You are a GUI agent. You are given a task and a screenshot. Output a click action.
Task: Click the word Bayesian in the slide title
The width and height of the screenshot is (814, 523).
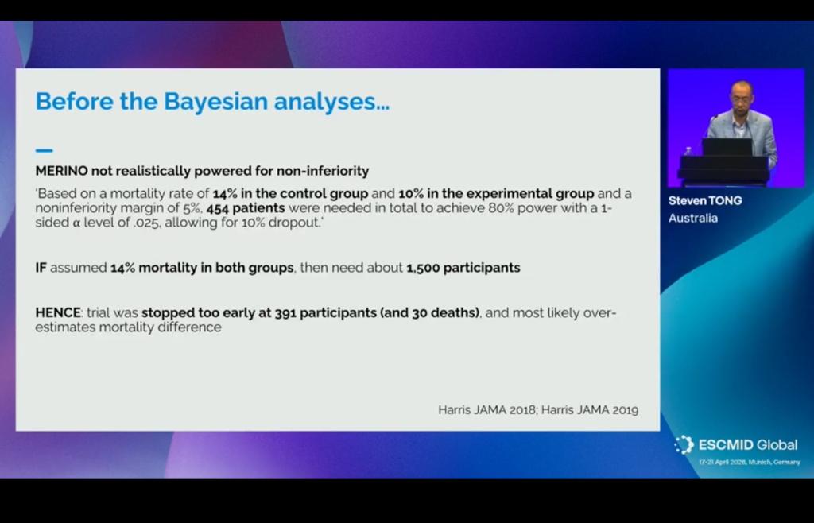215,102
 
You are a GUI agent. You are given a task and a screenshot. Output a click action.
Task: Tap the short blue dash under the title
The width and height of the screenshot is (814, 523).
45,149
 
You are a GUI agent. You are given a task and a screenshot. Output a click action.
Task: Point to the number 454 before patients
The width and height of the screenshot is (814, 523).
219,207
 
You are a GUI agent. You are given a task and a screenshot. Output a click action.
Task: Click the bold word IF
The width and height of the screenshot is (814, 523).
41,268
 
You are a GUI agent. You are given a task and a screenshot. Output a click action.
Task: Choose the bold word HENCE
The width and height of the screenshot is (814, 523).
58,313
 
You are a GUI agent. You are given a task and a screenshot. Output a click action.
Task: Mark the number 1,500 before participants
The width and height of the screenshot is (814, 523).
423,268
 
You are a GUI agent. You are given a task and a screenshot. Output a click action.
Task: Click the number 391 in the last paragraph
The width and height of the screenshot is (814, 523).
286,313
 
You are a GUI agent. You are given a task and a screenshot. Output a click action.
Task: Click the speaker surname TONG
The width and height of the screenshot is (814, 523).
725,200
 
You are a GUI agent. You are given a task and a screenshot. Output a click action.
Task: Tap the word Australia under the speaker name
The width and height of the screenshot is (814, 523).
692,218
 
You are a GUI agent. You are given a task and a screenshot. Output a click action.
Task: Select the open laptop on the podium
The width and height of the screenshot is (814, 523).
727,147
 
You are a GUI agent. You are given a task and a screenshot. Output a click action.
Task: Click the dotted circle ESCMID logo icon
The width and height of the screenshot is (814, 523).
683,445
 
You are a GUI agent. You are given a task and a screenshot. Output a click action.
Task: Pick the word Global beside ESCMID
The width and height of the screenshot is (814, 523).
777,445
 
